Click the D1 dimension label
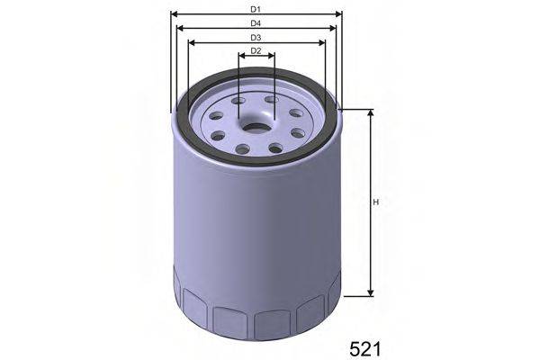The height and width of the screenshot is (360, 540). click(256, 8)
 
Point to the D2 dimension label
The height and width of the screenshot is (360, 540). click(256, 50)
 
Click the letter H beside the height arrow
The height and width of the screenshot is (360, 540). click(376, 202)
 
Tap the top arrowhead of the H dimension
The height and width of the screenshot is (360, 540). click(370, 113)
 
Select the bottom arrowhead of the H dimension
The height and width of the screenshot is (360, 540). click(370, 292)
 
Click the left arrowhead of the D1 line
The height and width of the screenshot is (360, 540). click(174, 14)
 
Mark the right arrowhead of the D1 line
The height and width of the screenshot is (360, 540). click(339, 14)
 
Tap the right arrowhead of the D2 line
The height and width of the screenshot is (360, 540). click(270, 57)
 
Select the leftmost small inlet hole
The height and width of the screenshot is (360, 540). click(216, 137)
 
